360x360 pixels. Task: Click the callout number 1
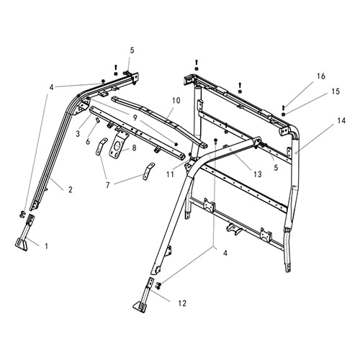click(47, 246)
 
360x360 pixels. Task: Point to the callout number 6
click(88, 142)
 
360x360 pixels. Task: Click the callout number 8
click(134, 148)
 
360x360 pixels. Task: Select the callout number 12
click(181, 303)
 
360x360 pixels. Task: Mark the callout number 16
click(320, 75)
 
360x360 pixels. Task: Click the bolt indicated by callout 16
click(284, 105)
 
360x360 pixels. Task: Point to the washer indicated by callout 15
click(284, 114)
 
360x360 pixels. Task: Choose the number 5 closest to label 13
click(275, 167)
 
